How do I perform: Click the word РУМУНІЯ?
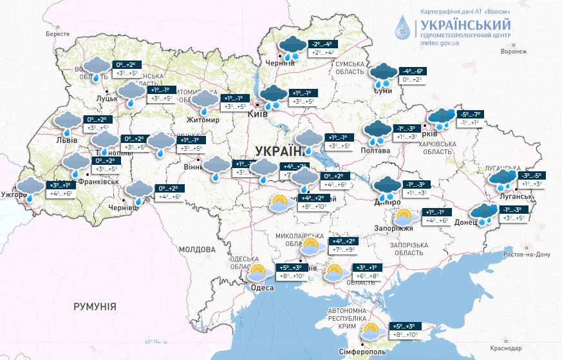tap(95, 307)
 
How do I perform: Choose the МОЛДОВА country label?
tap(197, 249)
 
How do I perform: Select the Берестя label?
tap(57, 33)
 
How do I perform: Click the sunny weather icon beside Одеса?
tap(259, 272)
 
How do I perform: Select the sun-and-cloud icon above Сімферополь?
tap(371, 331)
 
